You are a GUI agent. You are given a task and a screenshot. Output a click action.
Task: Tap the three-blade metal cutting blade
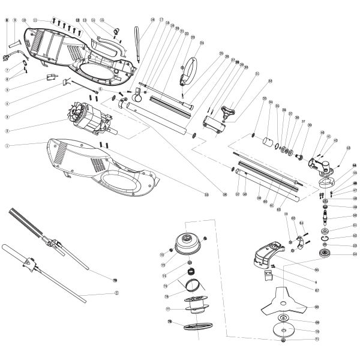click(284, 306)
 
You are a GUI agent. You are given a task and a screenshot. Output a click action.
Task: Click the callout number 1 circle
click(7, 145)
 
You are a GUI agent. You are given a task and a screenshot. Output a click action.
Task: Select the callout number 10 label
click(24, 20)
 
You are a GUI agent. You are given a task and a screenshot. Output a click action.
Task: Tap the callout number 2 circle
click(7, 130)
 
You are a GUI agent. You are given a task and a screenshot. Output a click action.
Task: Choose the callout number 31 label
click(257, 74)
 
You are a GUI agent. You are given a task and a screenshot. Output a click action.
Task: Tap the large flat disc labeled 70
click(284, 331)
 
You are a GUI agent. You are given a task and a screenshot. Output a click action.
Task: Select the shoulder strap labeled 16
click(139, 41)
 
